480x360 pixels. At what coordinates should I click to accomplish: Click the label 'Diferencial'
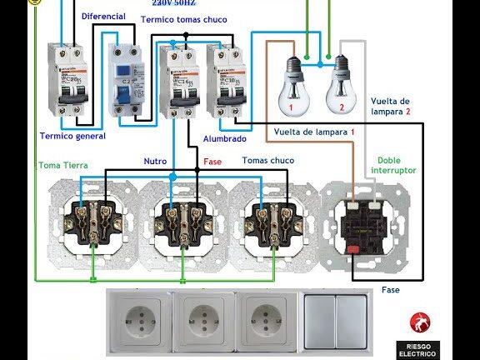[x=103, y=16]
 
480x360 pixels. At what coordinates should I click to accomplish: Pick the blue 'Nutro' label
[x=156, y=160]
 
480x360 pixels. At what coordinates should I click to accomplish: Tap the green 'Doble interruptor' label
[x=395, y=164]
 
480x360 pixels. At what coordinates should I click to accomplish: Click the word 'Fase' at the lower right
[x=391, y=290]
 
